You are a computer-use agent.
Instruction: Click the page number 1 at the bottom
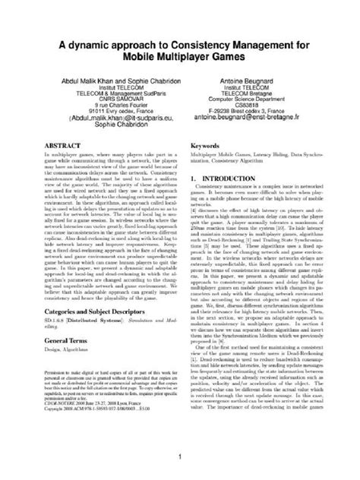pos(179,456)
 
